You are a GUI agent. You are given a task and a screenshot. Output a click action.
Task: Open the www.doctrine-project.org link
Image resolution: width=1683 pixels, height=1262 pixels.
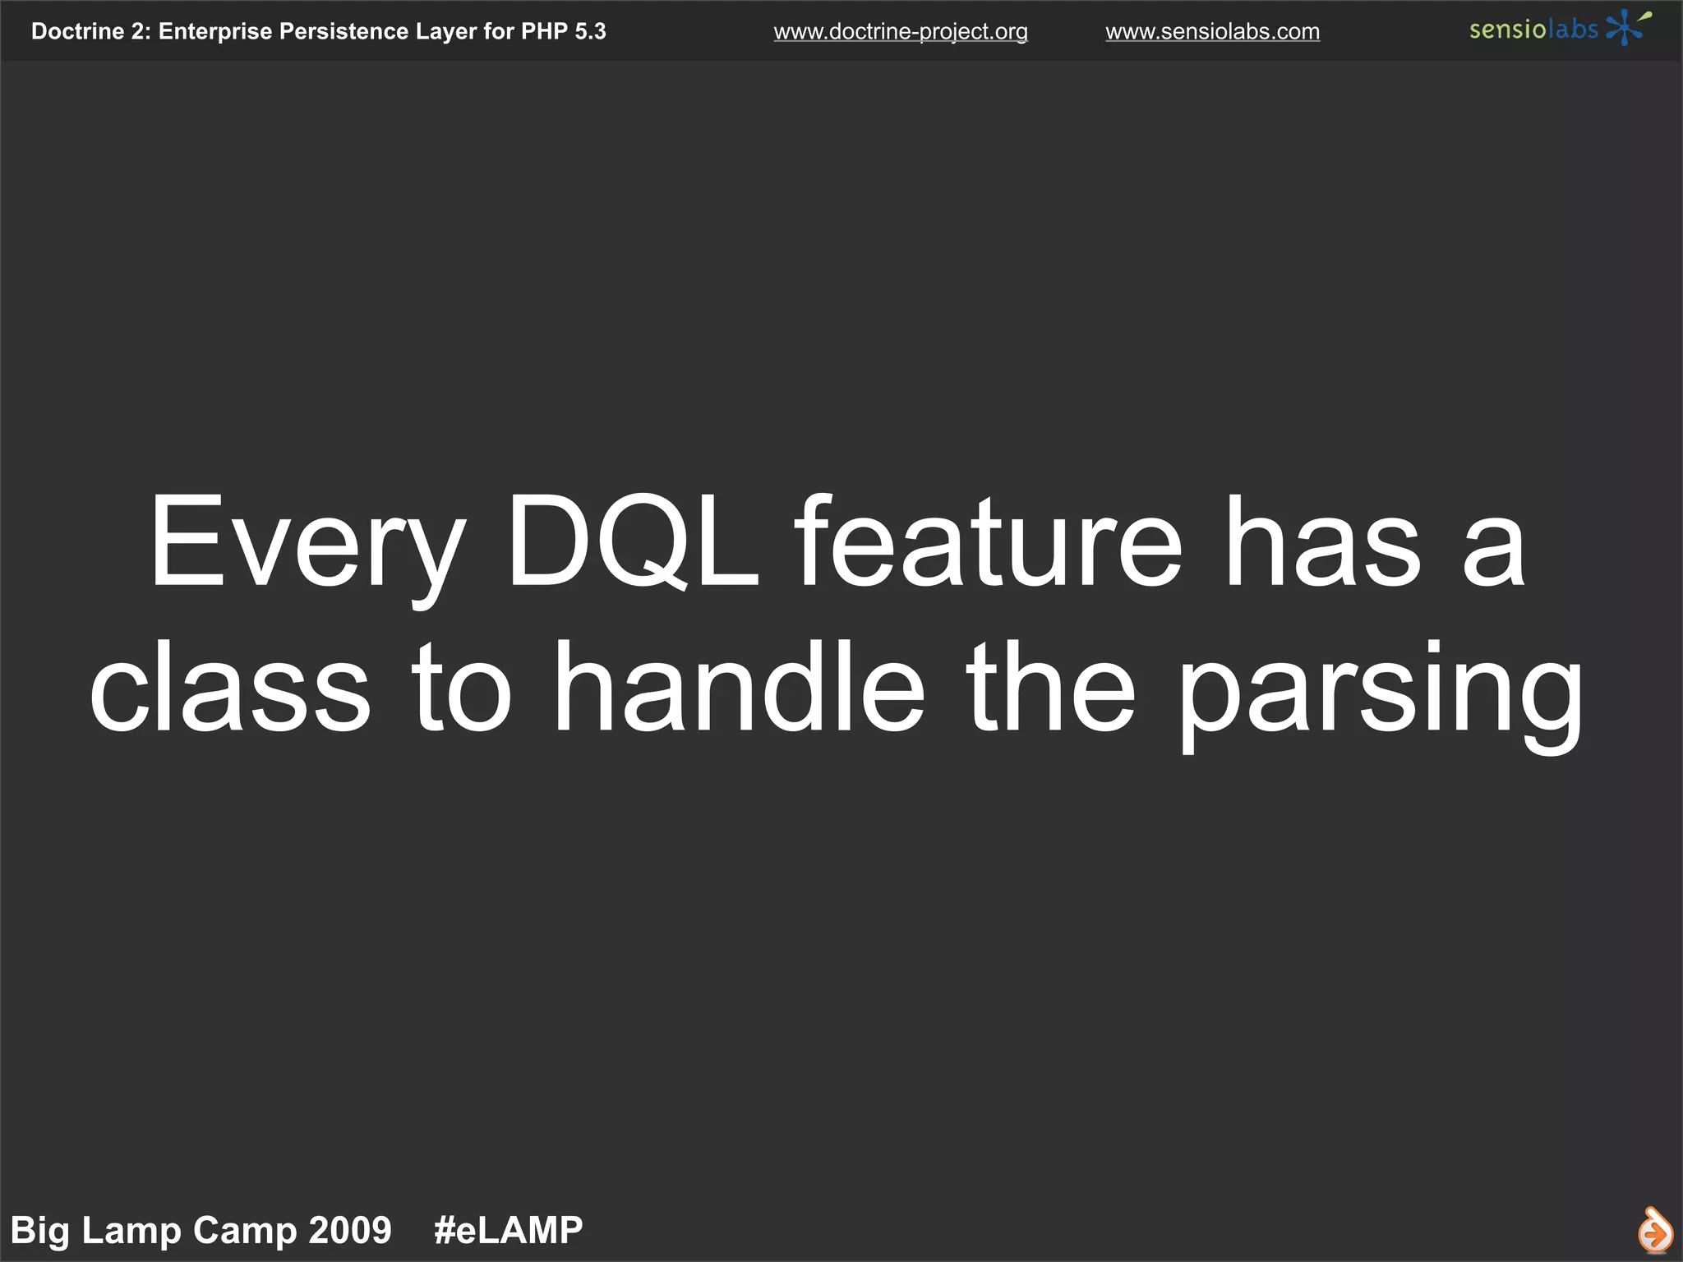click(901, 32)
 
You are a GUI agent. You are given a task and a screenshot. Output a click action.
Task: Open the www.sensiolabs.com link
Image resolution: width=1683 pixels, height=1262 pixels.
click(1212, 32)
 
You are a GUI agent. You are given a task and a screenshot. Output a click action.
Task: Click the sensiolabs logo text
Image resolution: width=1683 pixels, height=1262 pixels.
click(1533, 30)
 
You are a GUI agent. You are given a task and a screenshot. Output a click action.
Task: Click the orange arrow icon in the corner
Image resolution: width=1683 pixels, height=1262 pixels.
click(1654, 1231)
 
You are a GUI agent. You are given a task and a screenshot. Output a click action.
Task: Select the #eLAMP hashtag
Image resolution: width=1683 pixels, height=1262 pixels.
click(508, 1231)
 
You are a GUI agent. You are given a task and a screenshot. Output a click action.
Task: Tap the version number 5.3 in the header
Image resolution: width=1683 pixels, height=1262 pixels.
click(590, 31)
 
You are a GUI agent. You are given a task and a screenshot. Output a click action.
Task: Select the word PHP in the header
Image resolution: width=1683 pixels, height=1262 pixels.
click(544, 31)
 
